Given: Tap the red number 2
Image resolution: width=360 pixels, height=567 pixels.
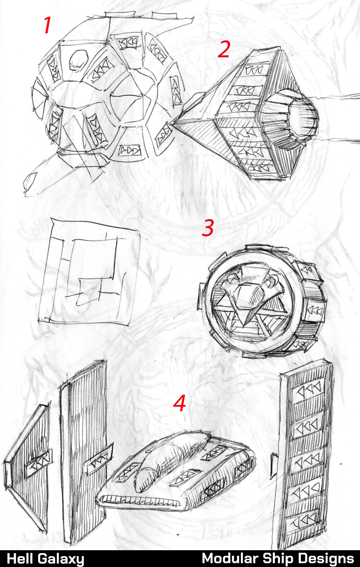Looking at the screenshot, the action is (x=224, y=49).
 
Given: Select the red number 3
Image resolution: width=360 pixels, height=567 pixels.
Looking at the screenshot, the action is (x=208, y=228).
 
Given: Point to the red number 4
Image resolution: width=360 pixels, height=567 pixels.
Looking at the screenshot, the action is (x=180, y=403).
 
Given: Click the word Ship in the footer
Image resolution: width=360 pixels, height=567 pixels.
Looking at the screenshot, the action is (x=278, y=559).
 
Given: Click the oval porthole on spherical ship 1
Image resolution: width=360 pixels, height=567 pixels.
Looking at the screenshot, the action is (x=78, y=60).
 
